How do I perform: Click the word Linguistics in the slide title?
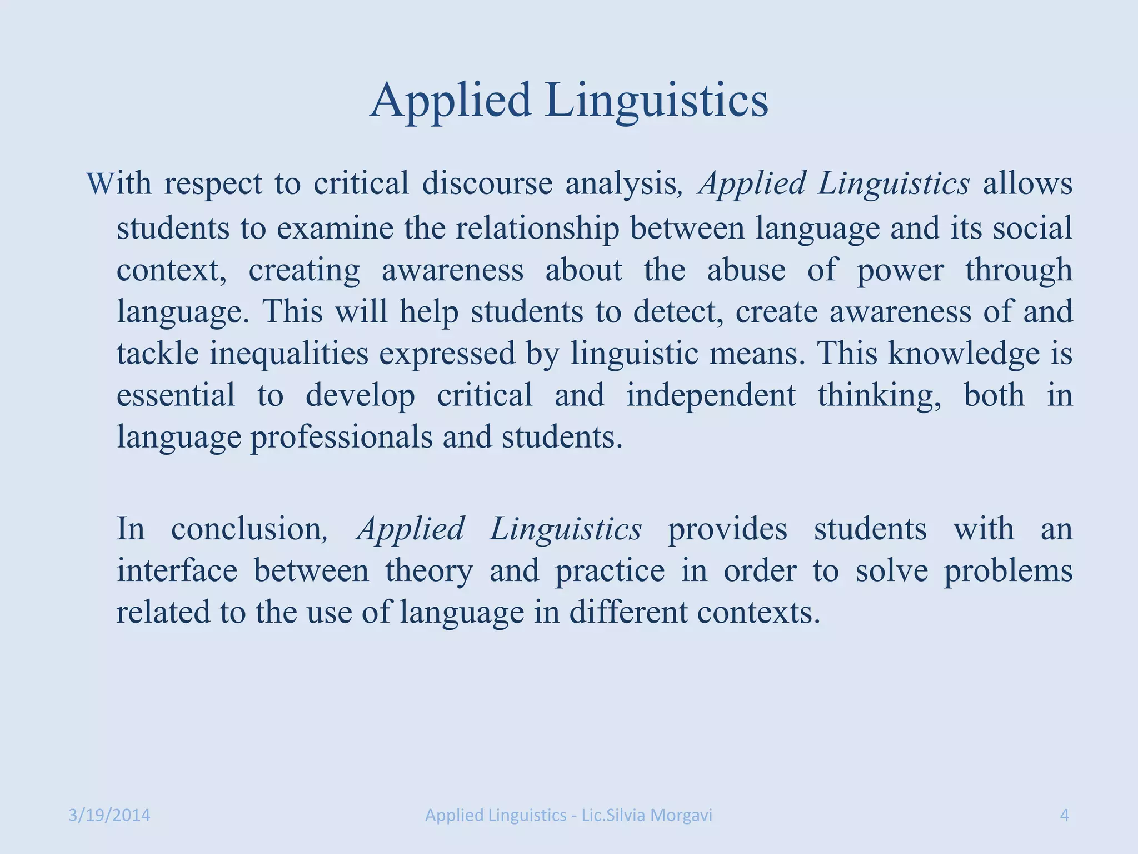click(x=657, y=101)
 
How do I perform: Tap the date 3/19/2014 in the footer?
click(x=109, y=815)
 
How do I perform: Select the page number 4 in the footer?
click(x=1065, y=815)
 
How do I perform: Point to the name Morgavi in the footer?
click(x=681, y=815)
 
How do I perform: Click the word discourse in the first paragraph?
click(x=487, y=183)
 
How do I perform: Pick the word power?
click(x=900, y=271)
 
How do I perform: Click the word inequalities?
click(x=289, y=354)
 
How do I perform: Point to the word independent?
click(x=711, y=395)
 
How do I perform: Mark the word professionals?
click(x=341, y=438)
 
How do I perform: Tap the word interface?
click(x=177, y=571)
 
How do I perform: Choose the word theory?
click(x=429, y=571)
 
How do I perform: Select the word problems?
click(x=1008, y=571)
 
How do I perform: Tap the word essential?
click(x=176, y=395)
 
